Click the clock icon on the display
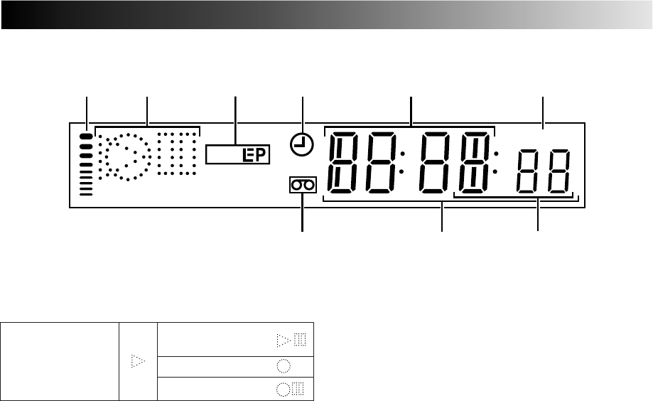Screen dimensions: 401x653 tap(302, 146)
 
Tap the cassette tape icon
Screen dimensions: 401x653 tap(302, 186)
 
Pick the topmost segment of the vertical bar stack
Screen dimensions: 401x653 tap(87, 135)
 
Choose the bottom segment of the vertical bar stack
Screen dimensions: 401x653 tap(87, 193)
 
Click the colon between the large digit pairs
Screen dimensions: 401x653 tap(403, 163)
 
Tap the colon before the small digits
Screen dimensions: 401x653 tap(496, 163)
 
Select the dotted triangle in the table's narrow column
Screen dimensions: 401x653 tap(137, 362)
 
